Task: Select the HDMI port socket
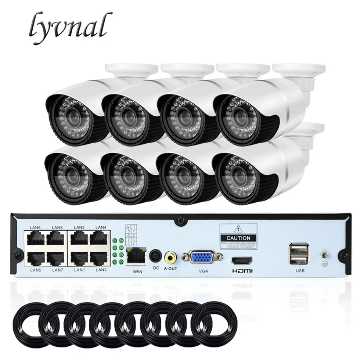pos(241,261)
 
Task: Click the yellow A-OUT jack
pos(170,257)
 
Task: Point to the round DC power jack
pos(155,256)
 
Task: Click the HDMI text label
pos(241,271)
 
